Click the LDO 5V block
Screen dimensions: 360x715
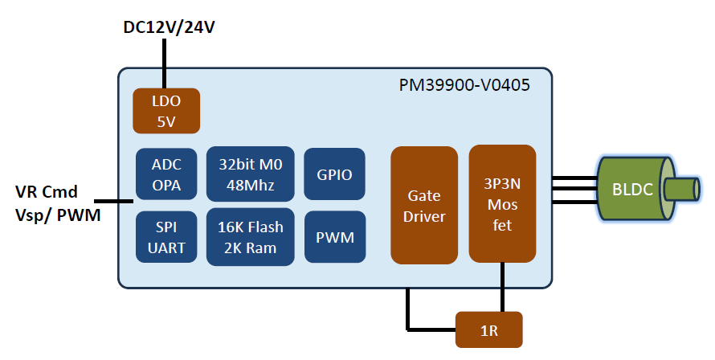pos(165,111)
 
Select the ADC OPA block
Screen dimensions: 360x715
pos(167,174)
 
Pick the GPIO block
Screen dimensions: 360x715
pos(335,174)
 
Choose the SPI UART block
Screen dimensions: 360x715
pos(167,237)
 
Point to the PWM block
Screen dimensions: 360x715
pos(335,237)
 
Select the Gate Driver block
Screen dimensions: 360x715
pos(423,206)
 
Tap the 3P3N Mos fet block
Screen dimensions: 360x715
pos(502,203)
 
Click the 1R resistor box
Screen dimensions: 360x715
pos(488,329)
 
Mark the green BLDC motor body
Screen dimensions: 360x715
pos(635,190)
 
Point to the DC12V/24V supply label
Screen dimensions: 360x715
pos(170,27)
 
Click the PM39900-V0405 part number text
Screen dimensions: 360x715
pos(464,84)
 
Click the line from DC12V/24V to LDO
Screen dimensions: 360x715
pos(165,64)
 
